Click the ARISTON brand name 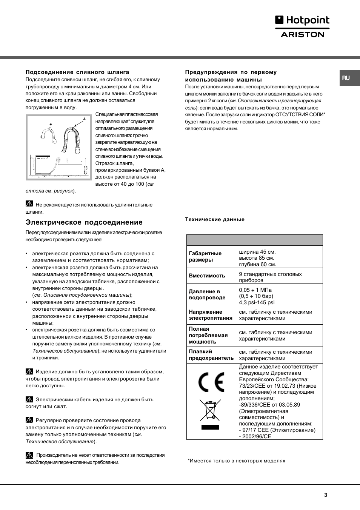(x=303, y=34)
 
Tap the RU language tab (x=346, y=78)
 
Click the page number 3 (x=326, y=495)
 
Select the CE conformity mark (x=211, y=382)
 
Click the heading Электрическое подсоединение (x=84, y=222)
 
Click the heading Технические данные (x=215, y=219)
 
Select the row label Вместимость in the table (x=207, y=276)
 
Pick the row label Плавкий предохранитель (x=211, y=355)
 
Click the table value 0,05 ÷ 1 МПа (x=255, y=290)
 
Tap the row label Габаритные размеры (x=205, y=257)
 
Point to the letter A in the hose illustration (x=85, y=119)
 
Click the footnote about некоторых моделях (x=237, y=461)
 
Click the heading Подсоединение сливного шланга (x=77, y=72)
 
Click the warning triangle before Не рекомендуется (x=29, y=204)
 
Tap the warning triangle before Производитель (x=29, y=455)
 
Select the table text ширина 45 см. (x=257, y=252)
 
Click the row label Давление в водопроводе (x=207, y=294)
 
